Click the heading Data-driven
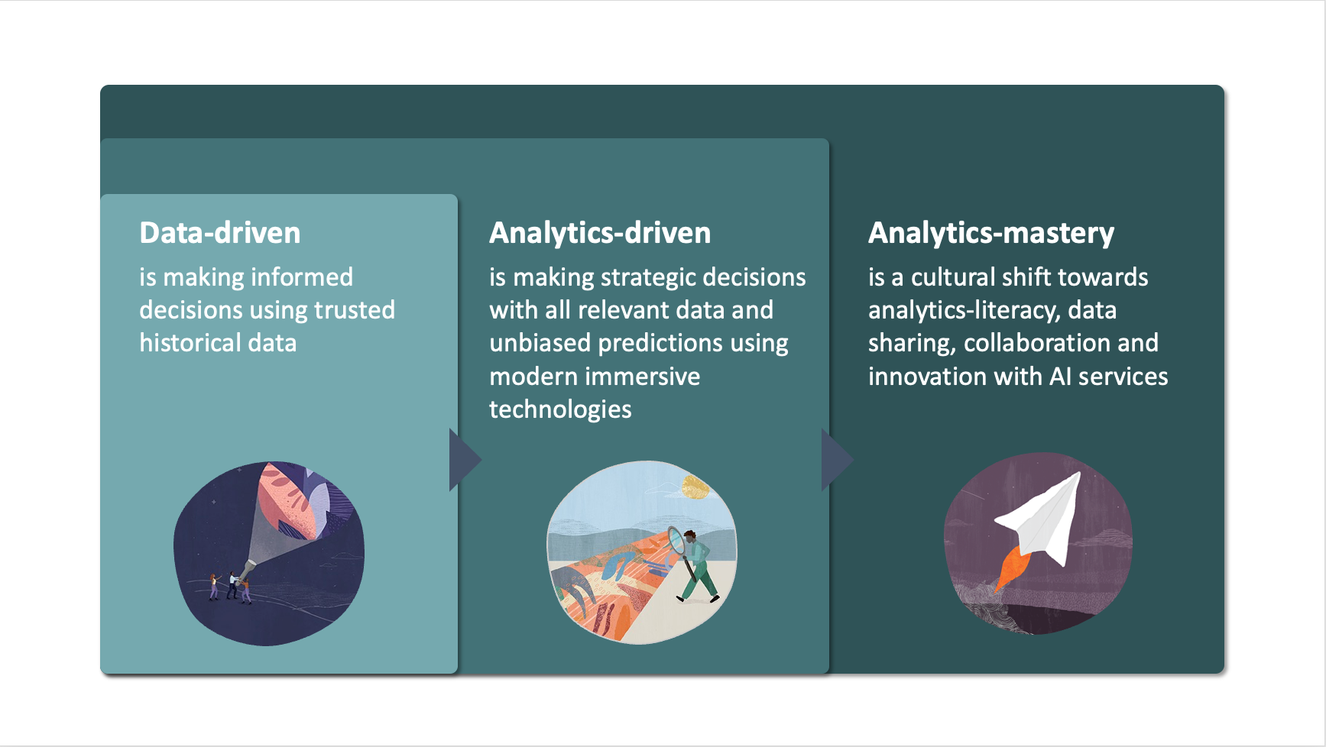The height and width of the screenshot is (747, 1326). coord(219,233)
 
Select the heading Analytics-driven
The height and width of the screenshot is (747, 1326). coord(599,233)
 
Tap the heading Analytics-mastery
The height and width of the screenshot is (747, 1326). coord(990,233)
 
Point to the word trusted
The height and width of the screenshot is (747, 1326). coord(355,310)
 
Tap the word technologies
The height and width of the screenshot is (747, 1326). coord(559,409)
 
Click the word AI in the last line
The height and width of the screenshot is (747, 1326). coord(1059,377)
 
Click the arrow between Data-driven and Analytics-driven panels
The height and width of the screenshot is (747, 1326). coord(463,460)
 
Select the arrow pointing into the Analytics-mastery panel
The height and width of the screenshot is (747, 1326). coord(835,460)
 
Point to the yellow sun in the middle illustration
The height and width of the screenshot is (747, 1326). coord(695,486)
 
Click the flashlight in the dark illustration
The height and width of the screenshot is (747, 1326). coord(248,570)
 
